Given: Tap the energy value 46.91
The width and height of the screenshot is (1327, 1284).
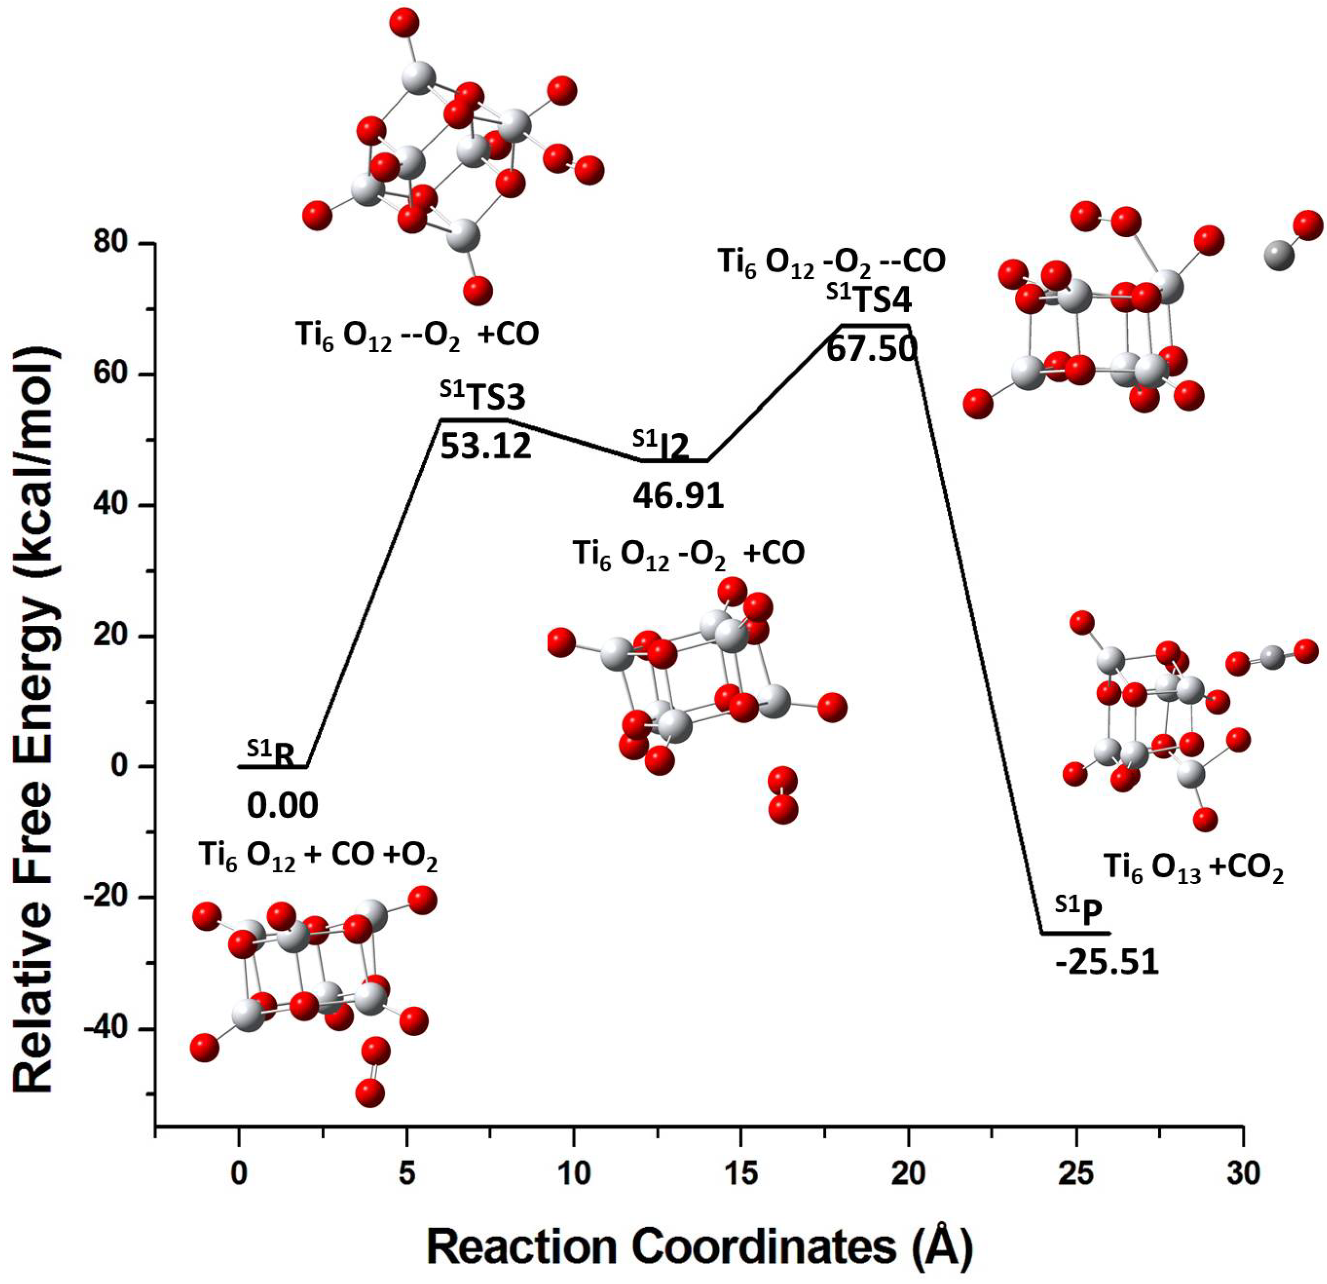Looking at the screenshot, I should click(678, 496).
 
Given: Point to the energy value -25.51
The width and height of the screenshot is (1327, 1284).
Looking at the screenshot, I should click(1106, 962).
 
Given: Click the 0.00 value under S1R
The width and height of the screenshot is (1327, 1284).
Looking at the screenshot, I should click(282, 806).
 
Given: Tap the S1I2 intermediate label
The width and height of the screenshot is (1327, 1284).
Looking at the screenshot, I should click(661, 445).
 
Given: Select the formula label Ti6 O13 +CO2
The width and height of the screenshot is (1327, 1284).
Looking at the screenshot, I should click(1194, 868).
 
